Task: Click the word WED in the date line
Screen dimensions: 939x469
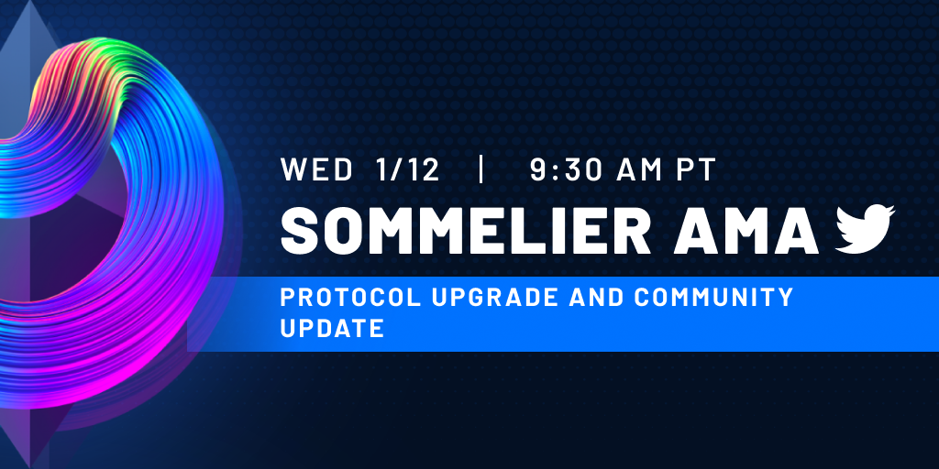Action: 316,169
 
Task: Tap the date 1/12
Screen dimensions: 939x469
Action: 408,169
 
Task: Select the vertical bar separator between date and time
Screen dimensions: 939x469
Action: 481,169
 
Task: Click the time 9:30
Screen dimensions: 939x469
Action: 568,169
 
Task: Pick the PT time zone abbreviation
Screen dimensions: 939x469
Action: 696,169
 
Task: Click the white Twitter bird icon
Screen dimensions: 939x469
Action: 865,229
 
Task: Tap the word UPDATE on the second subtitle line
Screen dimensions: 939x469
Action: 332,328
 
